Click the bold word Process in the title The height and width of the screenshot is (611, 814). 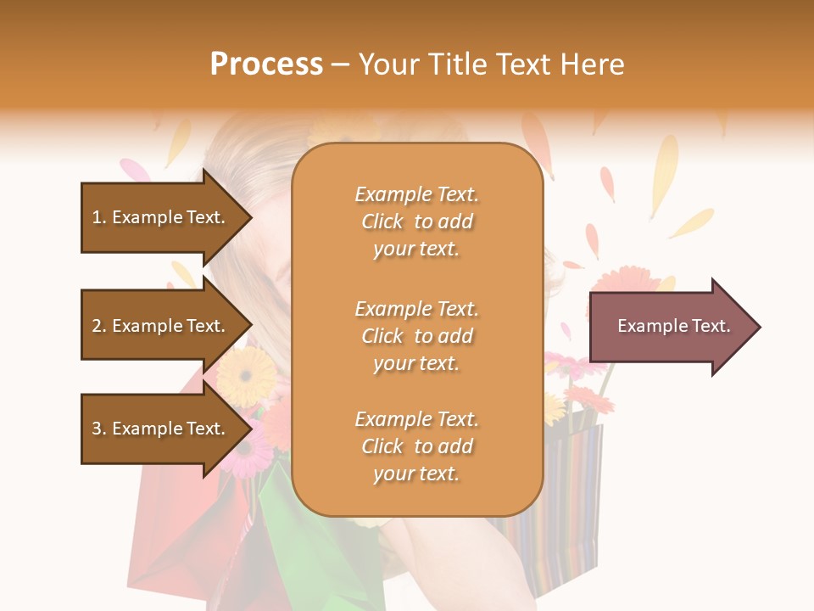(266, 64)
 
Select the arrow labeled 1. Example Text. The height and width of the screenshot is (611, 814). (161, 217)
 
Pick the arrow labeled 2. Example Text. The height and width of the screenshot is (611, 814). (161, 326)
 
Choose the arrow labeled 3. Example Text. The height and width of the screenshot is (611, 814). (161, 429)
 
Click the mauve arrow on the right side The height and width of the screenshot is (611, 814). (670, 327)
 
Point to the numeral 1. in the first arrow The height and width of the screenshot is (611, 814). (98, 217)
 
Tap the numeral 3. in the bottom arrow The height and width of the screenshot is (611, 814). (98, 429)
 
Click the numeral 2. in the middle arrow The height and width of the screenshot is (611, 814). (98, 326)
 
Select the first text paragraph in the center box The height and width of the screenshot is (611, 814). (416, 221)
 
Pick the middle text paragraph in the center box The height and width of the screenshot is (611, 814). (416, 335)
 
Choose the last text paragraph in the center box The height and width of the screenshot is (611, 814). (416, 446)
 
